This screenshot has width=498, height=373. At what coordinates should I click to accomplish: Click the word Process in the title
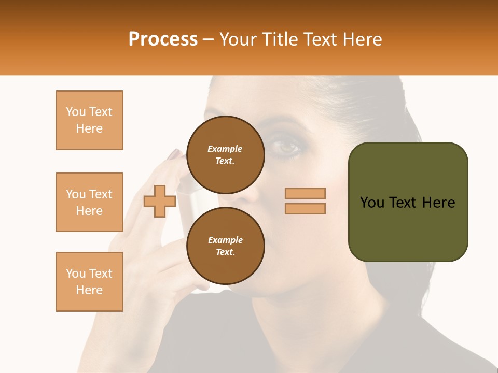point(163,39)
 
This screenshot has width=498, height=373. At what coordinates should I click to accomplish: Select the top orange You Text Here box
point(89,120)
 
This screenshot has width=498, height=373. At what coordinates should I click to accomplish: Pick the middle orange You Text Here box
point(89,202)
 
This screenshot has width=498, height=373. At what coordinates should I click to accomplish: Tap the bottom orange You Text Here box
point(89,282)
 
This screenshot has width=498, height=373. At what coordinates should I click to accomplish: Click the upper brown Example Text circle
point(225,154)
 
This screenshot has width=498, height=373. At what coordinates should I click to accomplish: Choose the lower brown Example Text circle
point(225,246)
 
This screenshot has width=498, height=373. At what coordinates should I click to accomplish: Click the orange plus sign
point(159,201)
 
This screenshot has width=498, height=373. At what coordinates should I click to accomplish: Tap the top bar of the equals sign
point(305,193)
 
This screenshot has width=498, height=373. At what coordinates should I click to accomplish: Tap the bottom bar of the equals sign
point(305,208)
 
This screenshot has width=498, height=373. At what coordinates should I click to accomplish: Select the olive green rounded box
point(408,202)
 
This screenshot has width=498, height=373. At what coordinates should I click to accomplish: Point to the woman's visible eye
point(287,147)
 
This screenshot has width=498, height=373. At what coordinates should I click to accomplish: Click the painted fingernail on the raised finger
point(174,154)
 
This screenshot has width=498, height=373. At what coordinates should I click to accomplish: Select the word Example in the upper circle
point(225,149)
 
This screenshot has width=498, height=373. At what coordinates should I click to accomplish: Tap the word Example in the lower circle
point(225,240)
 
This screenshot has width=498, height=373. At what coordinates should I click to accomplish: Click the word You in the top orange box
point(75,112)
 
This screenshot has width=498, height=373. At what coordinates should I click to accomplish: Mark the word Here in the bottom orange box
point(89,290)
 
